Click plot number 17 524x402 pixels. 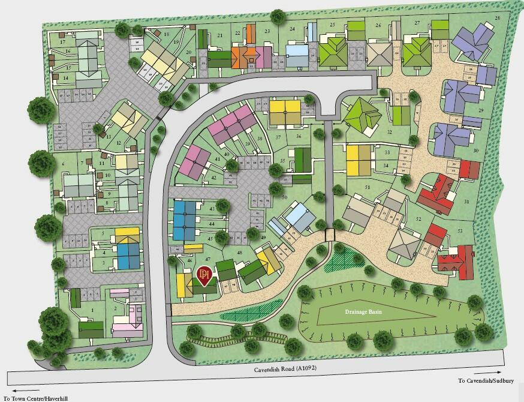pyautogui.click(x=62, y=42)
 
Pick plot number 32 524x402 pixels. pyautogui.click(x=390, y=131)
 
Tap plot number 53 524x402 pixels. pyautogui.click(x=460, y=230)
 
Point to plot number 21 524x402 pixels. pyautogui.click(x=220, y=36)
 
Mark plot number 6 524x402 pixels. pyautogui.click(x=63, y=164)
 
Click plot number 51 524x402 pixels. pyautogui.click(x=367, y=188)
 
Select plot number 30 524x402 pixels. pyautogui.click(x=475, y=151)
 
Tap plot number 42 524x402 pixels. pyautogui.click(x=213, y=178)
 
